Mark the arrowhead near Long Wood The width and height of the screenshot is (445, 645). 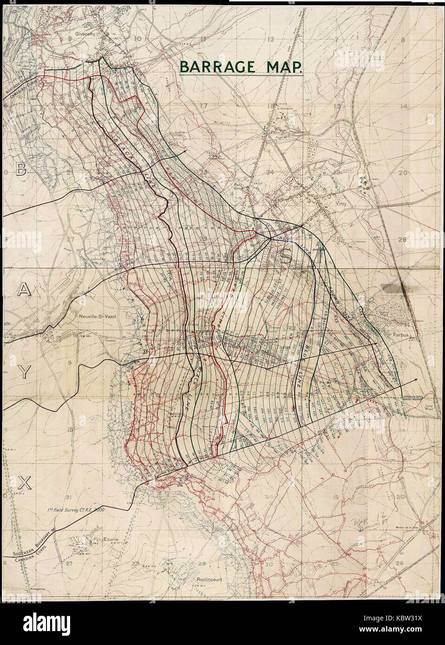point(414,379)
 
